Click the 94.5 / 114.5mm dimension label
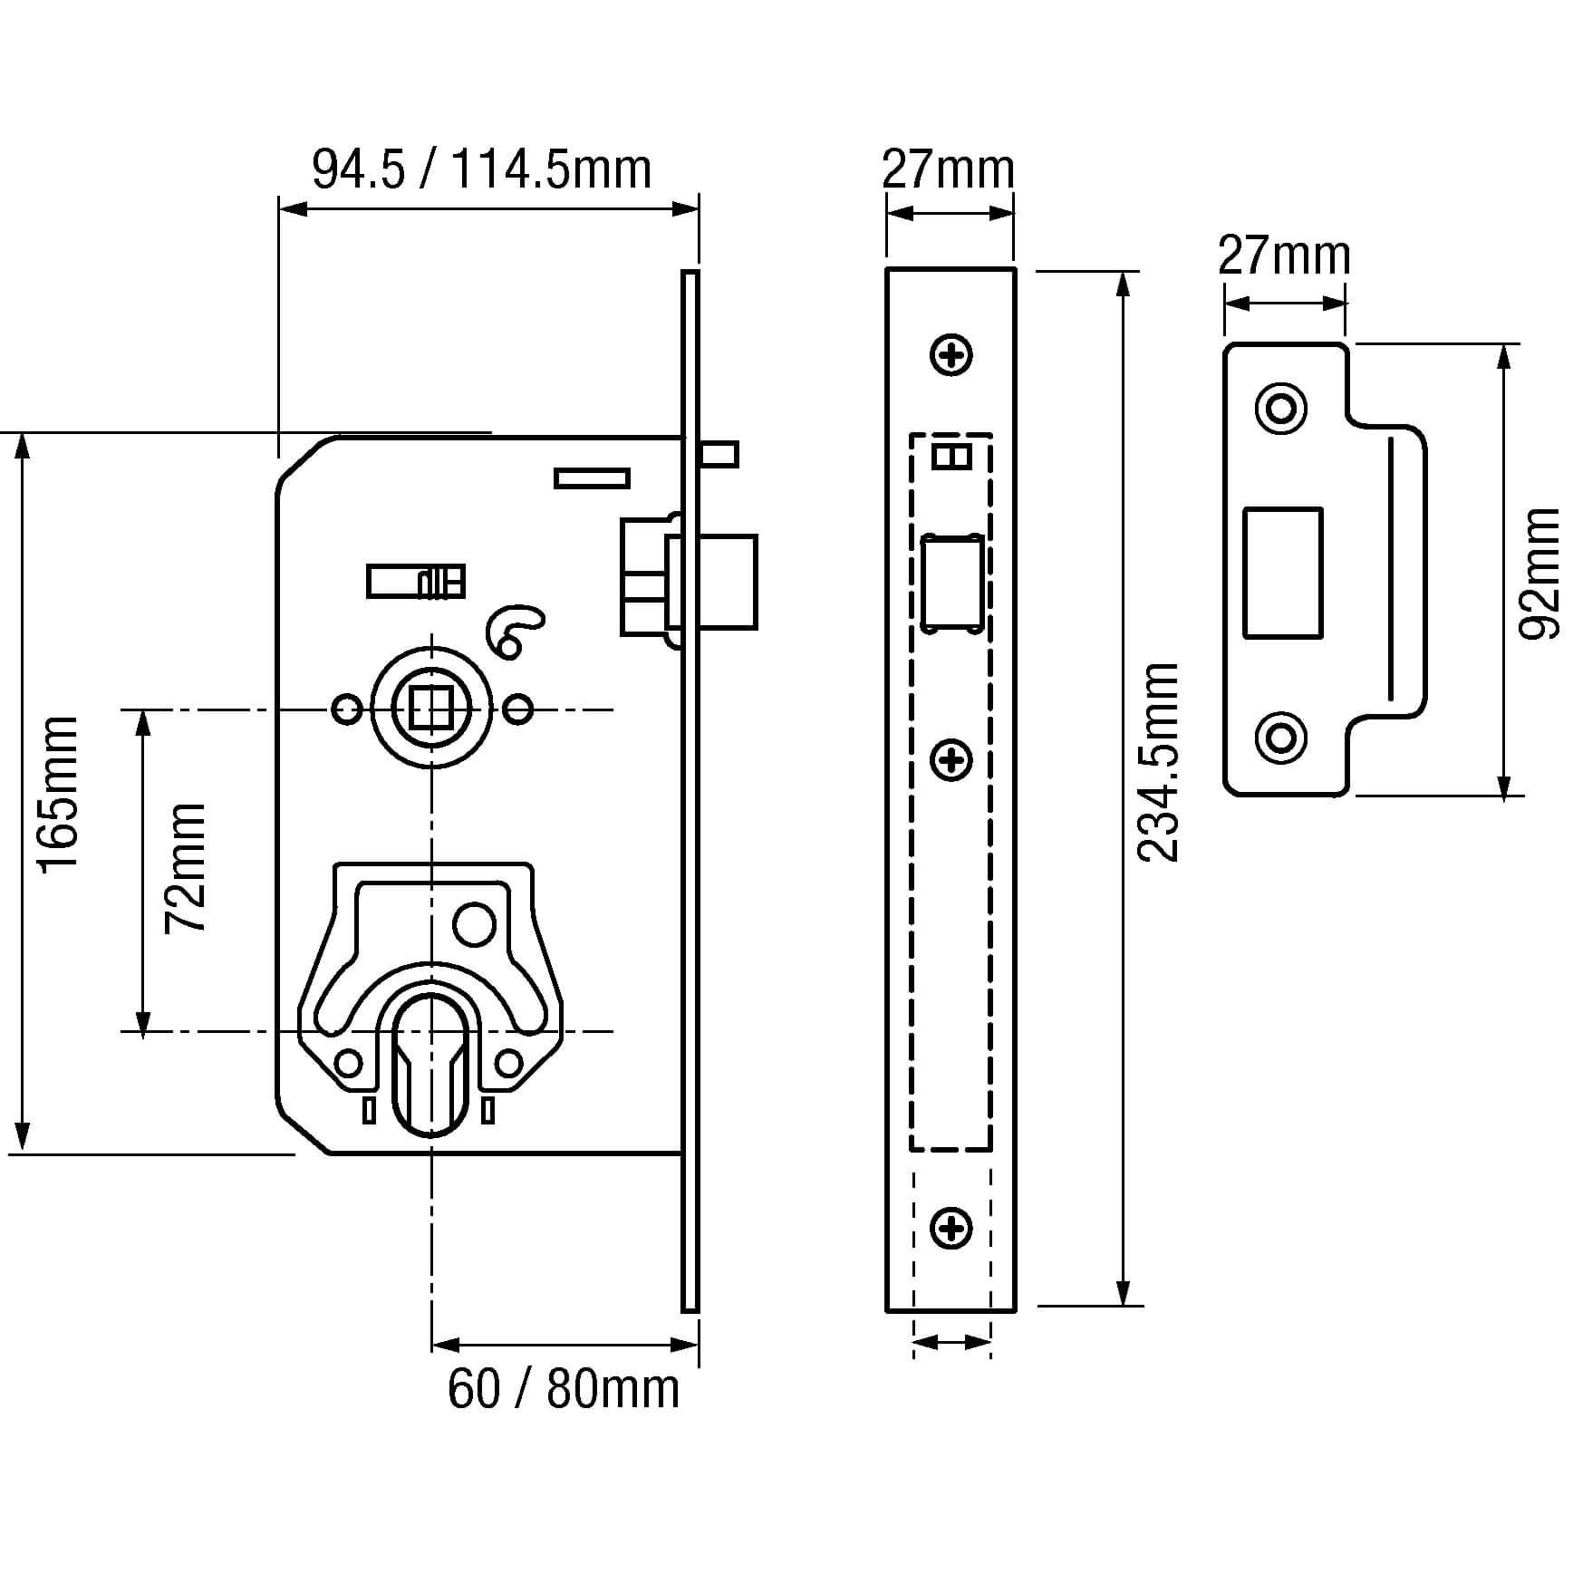coord(481,169)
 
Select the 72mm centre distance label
coord(186,867)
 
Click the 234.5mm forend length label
coord(1159,761)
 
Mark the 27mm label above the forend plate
coord(948,169)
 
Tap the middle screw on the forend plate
coord(951,759)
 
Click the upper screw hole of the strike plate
coord(1281,409)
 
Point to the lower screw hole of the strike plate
coord(1281,738)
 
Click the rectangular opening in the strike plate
coord(1282,573)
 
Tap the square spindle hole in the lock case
coord(430,709)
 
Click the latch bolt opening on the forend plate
coord(951,583)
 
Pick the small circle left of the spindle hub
coord(346,709)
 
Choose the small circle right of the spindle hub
coord(518,709)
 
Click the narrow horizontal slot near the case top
coord(592,478)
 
